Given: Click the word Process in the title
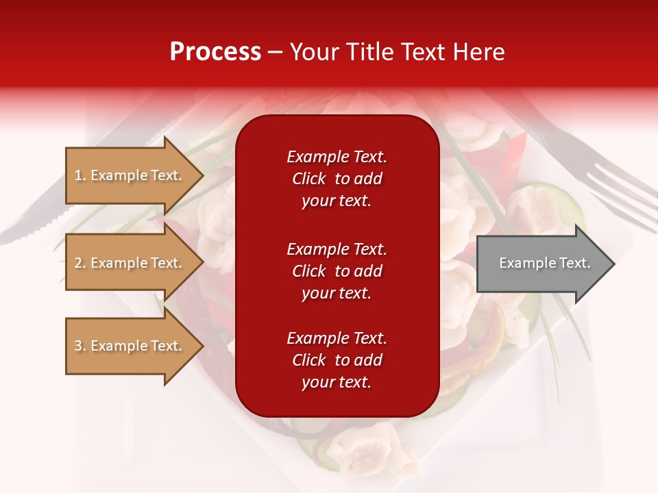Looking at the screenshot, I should pos(215,52).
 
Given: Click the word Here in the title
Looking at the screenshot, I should pos(480,52).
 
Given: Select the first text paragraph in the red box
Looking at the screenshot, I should pos(337,179).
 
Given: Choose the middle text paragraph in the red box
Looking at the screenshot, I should pos(337,271).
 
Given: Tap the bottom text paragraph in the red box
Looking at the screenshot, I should pos(337,360).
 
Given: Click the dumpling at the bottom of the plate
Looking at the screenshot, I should pos(367,445).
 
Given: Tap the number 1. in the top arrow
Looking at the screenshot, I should pos(80,176).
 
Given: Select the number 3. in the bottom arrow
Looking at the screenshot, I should pos(80,346).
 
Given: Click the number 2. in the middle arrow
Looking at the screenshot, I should pos(80,264).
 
